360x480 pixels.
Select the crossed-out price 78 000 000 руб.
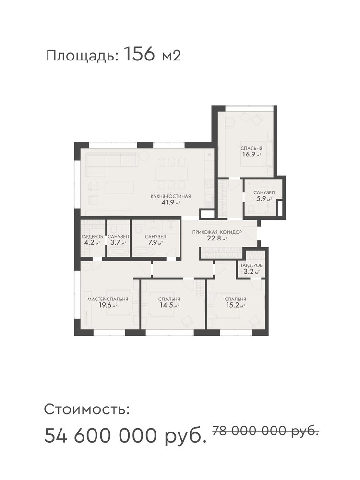coord(265,431)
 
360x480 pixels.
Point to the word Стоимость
coord(87,409)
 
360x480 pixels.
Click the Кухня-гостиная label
coord(170,196)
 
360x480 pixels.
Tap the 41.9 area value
coord(170,202)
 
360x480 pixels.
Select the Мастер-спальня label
coord(108,299)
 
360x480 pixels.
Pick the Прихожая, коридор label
coord(217,232)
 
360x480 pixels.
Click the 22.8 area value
coord(217,239)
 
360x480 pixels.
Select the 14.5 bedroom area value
coord(169,305)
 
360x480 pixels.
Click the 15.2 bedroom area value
coord(235,305)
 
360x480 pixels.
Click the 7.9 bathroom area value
coord(156,243)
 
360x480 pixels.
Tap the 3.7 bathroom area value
coord(118,243)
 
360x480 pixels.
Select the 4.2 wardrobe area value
coord(92,243)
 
